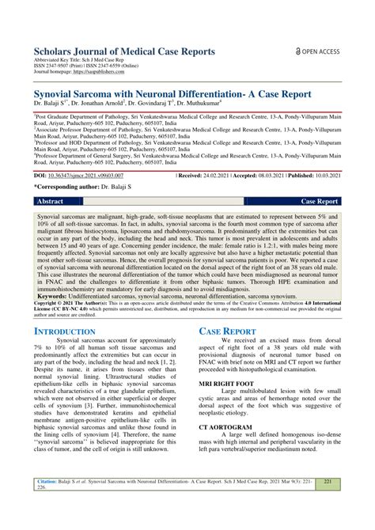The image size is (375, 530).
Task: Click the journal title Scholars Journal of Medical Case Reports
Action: [x=124, y=52]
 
